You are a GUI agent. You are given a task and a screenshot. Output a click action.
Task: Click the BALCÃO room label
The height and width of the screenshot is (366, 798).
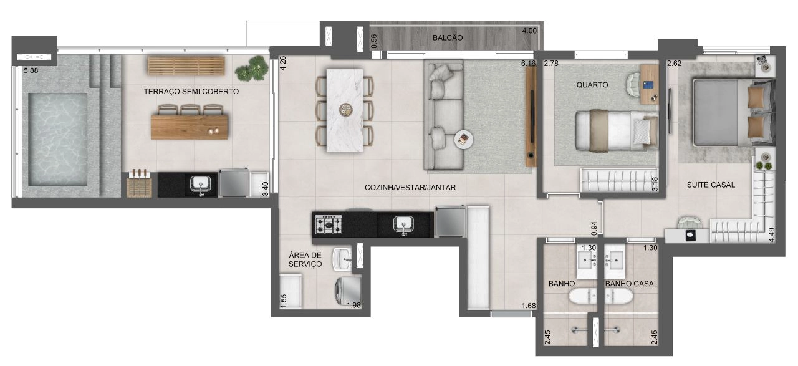click(x=448, y=38)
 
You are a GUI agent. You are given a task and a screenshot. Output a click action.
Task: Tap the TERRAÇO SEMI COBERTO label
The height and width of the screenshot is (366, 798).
click(x=191, y=92)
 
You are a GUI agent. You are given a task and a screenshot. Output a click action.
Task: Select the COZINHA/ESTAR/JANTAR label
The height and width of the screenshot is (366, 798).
click(x=410, y=188)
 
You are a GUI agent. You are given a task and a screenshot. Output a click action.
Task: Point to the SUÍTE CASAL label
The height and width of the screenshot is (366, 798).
click(x=711, y=185)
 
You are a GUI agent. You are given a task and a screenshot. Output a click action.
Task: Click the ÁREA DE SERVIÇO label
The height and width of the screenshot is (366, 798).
click(x=305, y=259)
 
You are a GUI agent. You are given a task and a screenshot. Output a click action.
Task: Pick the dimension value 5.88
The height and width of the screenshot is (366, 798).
click(x=31, y=70)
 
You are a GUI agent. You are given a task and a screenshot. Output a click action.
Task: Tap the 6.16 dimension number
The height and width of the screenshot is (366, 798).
click(x=528, y=64)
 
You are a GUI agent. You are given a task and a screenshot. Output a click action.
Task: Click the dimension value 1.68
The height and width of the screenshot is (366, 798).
click(x=529, y=306)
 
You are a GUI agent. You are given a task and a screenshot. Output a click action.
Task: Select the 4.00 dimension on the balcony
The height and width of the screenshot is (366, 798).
click(x=529, y=31)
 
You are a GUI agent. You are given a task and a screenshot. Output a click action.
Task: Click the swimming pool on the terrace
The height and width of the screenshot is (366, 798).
click(x=58, y=139)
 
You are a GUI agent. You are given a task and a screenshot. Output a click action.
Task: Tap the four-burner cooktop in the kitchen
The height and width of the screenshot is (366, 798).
click(x=329, y=224)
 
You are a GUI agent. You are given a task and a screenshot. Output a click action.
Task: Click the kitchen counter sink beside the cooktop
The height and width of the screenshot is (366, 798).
click(x=403, y=225)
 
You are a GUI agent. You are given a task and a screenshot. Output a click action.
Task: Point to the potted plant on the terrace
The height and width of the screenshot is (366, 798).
click(x=252, y=69)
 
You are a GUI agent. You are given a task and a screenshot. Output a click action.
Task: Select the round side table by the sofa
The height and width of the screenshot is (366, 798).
click(x=464, y=140)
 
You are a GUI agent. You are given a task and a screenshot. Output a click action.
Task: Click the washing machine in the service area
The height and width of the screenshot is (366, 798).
click(x=348, y=292)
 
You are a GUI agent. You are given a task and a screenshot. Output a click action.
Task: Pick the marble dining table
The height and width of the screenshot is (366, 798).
click(x=345, y=110)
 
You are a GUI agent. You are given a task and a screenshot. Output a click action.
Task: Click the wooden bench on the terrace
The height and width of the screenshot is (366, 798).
click(x=186, y=66)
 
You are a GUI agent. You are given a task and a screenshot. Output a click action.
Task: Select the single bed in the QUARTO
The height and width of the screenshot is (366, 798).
click(x=617, y=131)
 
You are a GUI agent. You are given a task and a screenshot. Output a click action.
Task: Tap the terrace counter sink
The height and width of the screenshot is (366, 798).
click(x=201, y=185)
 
